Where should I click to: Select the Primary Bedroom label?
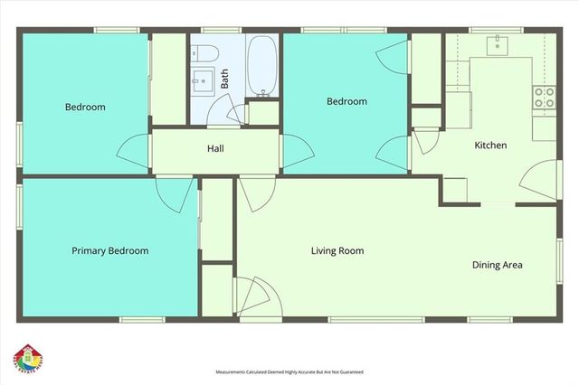point(109,250)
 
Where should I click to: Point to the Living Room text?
point(337,250)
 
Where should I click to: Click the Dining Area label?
point(498,265)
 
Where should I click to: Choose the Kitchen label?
point(490,145)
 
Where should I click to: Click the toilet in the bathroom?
point(203,52)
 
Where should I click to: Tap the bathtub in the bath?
point(262,65)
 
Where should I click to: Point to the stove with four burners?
point(544,97)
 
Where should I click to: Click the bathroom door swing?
point(237,113)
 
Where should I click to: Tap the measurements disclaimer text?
point(289,371)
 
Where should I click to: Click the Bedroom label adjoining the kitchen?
point(346,102)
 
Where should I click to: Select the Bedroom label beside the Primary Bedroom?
point(85,107)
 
